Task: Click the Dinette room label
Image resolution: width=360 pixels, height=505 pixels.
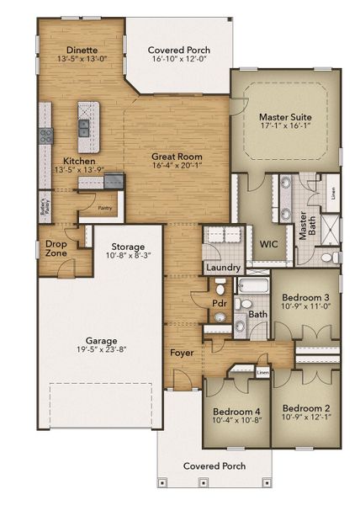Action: pyautogui.click(x=71, y=50)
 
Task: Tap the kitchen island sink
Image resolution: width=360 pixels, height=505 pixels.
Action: pyautogui.click(x=84, y=128)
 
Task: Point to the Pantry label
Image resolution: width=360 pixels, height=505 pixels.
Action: pyautogui.click(x=104, y=207)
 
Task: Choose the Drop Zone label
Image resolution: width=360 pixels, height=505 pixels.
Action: pyautogui.click(x=56, y=247)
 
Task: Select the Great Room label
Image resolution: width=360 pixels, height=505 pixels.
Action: pyautogui.click(x=173, y=157)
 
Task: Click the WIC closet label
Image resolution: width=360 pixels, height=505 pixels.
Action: pyautogui.click(x=269, y=244)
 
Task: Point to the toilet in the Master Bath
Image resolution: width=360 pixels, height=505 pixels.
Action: pyautogui.click(x=326, y=258)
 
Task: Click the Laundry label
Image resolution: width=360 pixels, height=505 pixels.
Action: pyautogui.click(x=218, y=269)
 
